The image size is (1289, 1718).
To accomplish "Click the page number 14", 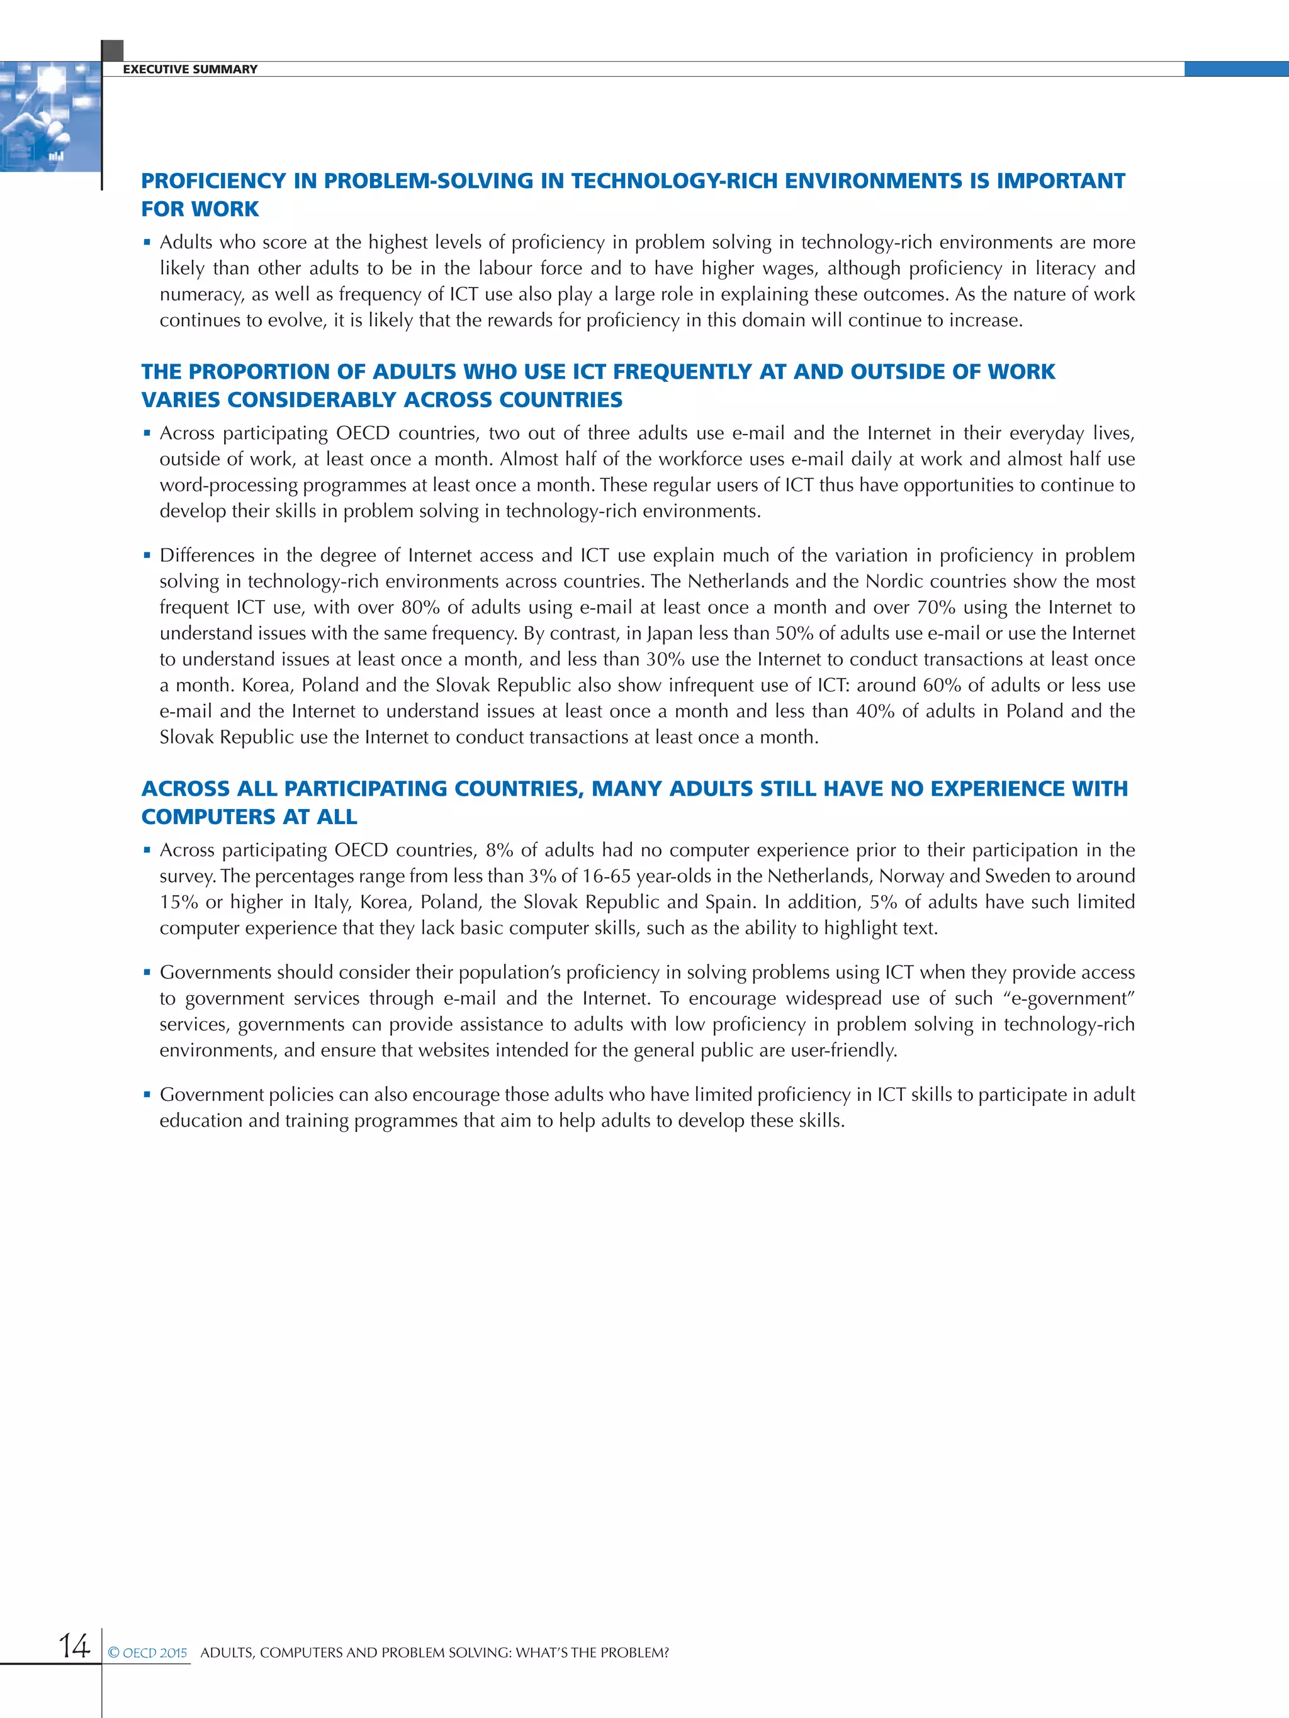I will (x=75, y=1646).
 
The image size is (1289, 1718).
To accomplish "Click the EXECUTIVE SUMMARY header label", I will (x=189, y=69).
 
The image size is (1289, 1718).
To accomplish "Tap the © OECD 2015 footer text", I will (x=148, y=1653).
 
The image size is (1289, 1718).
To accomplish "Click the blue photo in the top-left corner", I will (x=50, y=116).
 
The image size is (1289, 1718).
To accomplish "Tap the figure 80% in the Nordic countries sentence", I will (x=420, y=607).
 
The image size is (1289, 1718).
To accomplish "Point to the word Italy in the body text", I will (x=330, y=903).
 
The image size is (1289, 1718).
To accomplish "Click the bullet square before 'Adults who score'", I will (x=147, y=243).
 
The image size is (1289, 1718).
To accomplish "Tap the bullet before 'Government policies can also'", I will (x=147, y=1095).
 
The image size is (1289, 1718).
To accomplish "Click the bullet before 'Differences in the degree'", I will (x=147, y=556).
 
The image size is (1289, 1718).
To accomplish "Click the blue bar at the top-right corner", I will (x=1236, y=69).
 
